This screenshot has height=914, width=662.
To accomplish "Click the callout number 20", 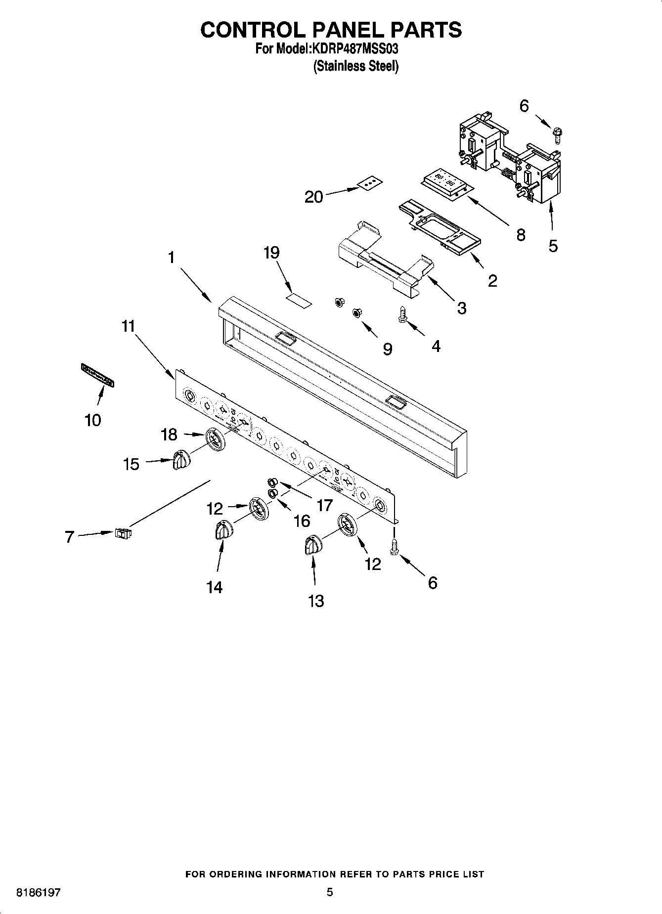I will [x=314, y=197].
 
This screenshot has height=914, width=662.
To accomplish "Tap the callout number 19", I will [x=271, y=253].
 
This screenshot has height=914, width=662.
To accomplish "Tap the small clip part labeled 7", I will [x=124, y=533].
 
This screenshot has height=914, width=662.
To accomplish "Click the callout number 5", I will [x=553, y=246].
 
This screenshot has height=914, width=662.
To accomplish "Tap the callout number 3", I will [x=461, y=308].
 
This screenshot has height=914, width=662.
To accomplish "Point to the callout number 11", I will [x=129, y=326].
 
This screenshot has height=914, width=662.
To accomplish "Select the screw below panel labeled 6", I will [x=394, y=547].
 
